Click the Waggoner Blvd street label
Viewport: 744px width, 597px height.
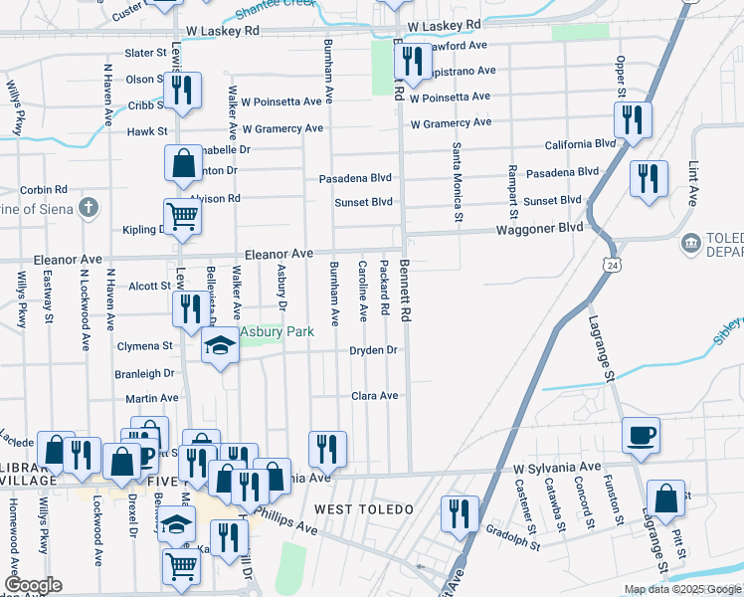[x=541, y=228]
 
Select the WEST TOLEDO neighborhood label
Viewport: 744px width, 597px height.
[x=363, y=509]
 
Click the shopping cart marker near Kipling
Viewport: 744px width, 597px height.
[x=182, y=216]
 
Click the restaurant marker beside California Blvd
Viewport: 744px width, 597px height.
[x=632, y=120]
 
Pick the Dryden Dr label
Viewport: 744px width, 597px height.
[x=373, y=350]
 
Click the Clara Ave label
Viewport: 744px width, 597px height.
[x=374, y=395]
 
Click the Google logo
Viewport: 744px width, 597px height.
[x=32, y=585]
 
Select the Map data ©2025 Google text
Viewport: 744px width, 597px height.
[x=682, y=589]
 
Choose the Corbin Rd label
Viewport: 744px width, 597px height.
[x=43, y=189]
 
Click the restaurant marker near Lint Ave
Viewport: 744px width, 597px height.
[x=649, y=180]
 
